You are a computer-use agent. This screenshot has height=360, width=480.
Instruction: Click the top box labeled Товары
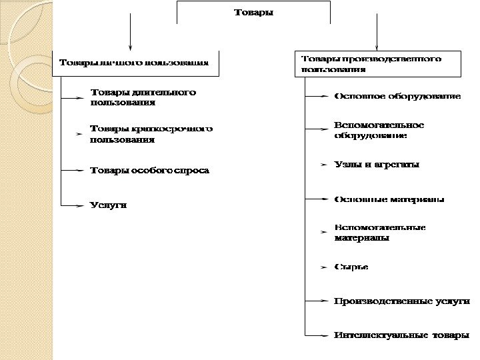point(253,13)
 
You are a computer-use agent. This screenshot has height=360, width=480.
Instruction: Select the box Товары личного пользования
point(134,63)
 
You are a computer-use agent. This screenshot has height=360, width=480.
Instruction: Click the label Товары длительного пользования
point(143,97)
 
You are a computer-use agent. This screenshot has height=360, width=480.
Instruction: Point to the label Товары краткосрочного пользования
point(151,134)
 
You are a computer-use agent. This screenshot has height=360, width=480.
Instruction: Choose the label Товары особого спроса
point(149,171)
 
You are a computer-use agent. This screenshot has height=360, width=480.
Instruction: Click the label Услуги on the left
point(108,205)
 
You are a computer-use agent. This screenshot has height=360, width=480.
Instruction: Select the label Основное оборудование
point(397,97)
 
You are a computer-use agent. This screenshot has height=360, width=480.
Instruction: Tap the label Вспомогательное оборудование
point(379,130)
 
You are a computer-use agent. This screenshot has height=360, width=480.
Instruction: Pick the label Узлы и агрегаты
point(377,164)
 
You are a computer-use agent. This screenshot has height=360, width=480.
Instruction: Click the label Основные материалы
point(389,199)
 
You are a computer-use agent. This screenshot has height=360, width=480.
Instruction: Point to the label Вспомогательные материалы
point(379,232)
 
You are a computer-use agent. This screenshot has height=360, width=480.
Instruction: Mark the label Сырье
point(351,267)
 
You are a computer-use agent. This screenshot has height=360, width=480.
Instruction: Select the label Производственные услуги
point(401,301)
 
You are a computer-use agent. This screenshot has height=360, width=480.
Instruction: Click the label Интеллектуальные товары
point(401,335)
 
